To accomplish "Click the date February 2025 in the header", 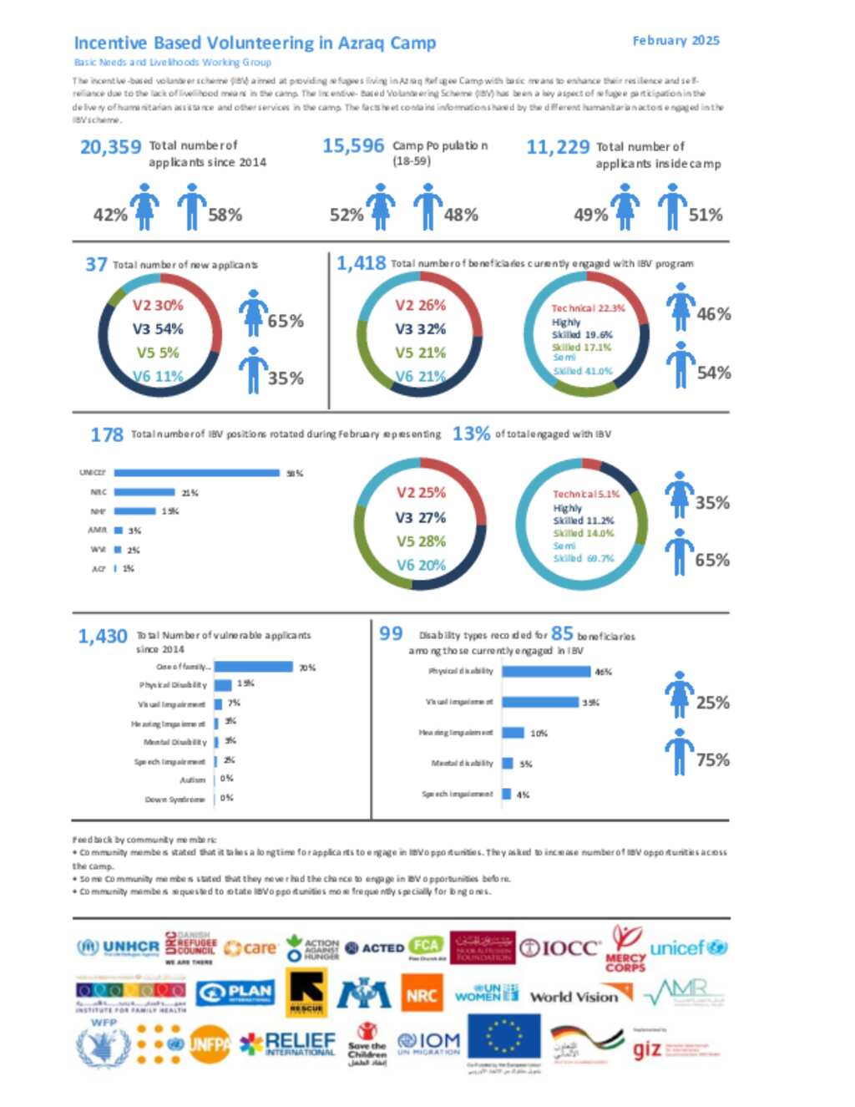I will click(675, 40).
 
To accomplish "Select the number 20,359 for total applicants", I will click(110, 147).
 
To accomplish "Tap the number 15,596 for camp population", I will click(353, 146).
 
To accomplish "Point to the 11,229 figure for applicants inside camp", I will click(558, 147).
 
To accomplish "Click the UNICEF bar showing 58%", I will click(196, 473).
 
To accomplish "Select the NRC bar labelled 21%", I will click(144, 492).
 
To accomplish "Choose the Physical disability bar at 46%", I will click(546, 671).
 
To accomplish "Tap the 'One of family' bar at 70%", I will click(254, 667).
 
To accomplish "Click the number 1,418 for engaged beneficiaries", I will click(361, 263).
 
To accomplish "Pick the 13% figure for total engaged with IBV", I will click(471, 434).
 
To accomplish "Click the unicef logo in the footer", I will click(688, 948).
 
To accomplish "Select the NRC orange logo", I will click(422, 995).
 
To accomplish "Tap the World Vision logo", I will click(580, 995).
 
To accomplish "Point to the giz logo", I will click(648, 1049).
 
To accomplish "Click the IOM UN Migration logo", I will click(428, 1042).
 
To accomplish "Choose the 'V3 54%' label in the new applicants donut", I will click(158, 328).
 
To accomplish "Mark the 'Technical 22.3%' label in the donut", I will click(588, 307).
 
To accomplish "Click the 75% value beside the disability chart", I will click(712, 759).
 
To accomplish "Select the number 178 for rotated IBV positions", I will click(107, 434).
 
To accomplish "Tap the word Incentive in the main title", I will click(110, 43).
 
